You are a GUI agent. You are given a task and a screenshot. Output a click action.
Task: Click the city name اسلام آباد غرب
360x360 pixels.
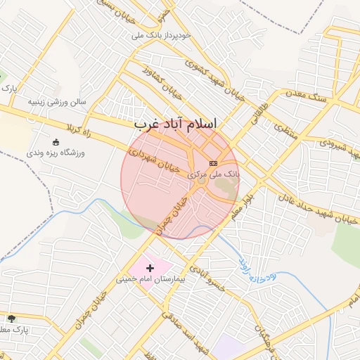pyautogui.click(x=185, y=124)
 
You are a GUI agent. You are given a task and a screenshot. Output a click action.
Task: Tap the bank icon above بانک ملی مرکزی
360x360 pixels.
pyautogui.click(x=214, y=163)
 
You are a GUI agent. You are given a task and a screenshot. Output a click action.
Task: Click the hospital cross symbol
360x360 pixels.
pyautogui.click(x=150, y=268)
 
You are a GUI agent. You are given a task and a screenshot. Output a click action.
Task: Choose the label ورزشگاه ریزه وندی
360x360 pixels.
pyautogui.click(x=56, y=152)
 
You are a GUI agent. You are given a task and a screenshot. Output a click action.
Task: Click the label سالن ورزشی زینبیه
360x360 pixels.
pyautogui.click(x=56, y=101)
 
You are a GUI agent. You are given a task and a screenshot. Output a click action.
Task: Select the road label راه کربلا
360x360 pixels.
pyautogui.click(x=79, y=129)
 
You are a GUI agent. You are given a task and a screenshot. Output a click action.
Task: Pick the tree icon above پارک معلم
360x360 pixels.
pyautogui.click(x=11, y=318)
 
